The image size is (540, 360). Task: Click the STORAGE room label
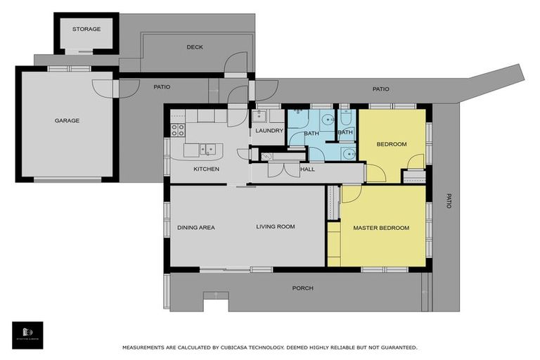pos(86,30)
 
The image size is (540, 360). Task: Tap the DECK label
pos(195,48)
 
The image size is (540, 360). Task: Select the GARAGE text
pos(67,121)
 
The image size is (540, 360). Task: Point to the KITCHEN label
pos(207,169)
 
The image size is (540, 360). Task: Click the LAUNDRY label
pos(269,131)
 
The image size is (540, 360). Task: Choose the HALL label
pos(307,169)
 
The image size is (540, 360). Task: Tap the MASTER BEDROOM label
pos(381,228)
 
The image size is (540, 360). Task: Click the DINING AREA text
pos(196,227)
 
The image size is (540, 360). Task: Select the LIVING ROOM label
pos(275,226)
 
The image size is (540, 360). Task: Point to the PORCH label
pos(303,288)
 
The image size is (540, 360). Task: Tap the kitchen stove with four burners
pos(178,129)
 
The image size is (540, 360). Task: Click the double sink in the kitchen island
pos(207,148)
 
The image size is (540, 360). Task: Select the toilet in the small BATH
pos(345,117)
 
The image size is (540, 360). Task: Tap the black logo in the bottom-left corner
pos(27,335)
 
